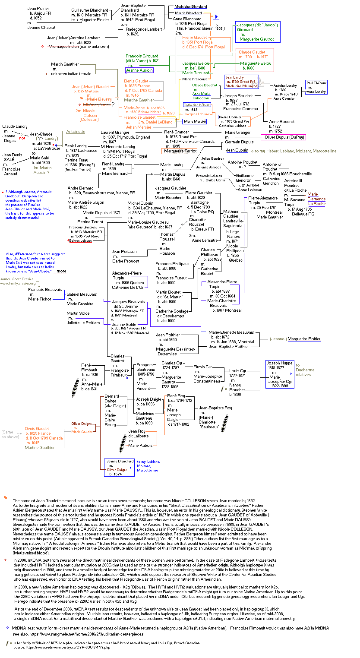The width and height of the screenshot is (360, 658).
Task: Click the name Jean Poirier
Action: [38, 8]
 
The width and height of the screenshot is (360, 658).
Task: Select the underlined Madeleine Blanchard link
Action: [190, 7]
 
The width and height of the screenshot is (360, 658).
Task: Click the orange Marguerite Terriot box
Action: [180, 151]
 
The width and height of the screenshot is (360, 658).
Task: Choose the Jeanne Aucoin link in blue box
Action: [139, 70]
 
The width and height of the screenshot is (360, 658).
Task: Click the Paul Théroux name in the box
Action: [316, 82]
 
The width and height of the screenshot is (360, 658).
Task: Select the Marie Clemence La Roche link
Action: [316, 199]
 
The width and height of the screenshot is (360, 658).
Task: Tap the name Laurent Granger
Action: [115, 132]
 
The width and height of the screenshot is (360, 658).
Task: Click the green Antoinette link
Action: [76, 132]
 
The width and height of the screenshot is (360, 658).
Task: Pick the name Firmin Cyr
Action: [202, 367]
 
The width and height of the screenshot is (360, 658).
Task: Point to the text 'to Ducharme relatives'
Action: [305, 370]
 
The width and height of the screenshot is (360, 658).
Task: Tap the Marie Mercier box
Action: [195, 121]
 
